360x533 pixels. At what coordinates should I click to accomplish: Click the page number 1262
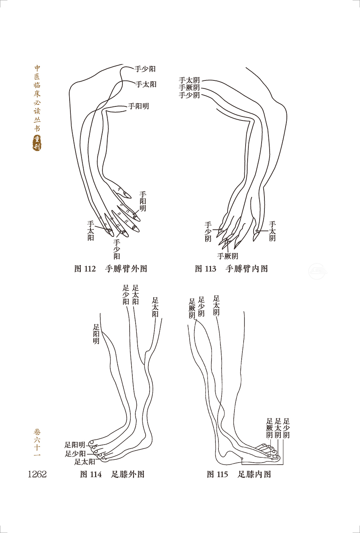[37, 474]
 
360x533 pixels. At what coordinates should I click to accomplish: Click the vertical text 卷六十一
[37, 442]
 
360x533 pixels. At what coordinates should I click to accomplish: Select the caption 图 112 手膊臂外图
[111, 269]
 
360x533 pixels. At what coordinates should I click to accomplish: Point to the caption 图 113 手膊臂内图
[231, 269]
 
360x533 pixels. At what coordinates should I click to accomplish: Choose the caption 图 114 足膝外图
[112, 474]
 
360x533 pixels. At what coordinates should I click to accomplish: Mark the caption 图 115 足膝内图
[239, 474]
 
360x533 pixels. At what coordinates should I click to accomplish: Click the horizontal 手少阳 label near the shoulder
[145, 69]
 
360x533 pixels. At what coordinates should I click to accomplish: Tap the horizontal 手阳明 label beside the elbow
[138, 106]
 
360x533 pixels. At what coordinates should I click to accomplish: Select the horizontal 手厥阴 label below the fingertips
[228, 256]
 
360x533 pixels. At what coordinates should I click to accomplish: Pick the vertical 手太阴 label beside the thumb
[272, 231]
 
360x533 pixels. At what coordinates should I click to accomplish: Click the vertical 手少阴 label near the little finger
[208, 232]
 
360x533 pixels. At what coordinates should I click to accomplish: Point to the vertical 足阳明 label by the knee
[96, 334]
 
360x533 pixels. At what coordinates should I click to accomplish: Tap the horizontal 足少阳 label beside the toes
[75, 454]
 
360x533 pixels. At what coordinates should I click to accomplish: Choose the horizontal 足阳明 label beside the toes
[75, 445]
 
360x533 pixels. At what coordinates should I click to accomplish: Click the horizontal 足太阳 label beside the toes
[85, 462]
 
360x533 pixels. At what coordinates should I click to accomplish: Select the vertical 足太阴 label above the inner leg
[216, 305]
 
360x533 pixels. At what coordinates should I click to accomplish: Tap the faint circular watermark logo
[318, 271]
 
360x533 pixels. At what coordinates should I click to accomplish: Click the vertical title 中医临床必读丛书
[37, 98]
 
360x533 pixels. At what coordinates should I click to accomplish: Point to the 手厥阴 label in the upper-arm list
[189, 88]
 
